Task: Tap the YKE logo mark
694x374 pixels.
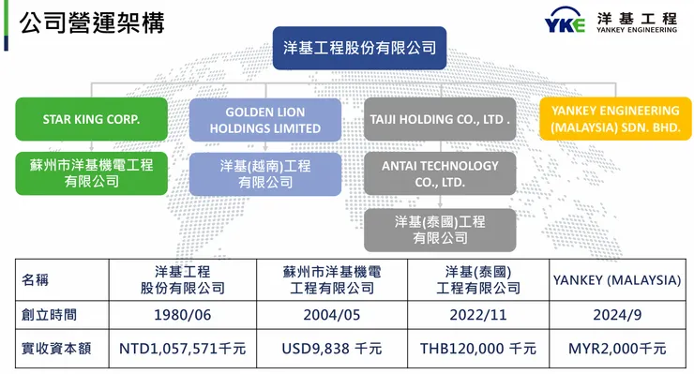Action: click(x=565, y=23)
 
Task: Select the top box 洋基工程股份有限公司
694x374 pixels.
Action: click(x=359, y=47)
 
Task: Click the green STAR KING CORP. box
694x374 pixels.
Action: click(x=91, y=119)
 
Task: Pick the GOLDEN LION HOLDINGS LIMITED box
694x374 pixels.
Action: click(x=265, y=119)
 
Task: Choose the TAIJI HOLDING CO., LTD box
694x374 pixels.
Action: click(x=440, y=119)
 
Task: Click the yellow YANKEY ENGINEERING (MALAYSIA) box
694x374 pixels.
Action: click(x=615, y=118)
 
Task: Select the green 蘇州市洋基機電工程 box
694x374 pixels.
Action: click(x=91, y=172)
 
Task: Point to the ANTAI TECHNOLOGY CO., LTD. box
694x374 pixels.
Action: click(x=440, y=173)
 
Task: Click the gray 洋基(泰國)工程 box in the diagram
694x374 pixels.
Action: click(x=440, y=230)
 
